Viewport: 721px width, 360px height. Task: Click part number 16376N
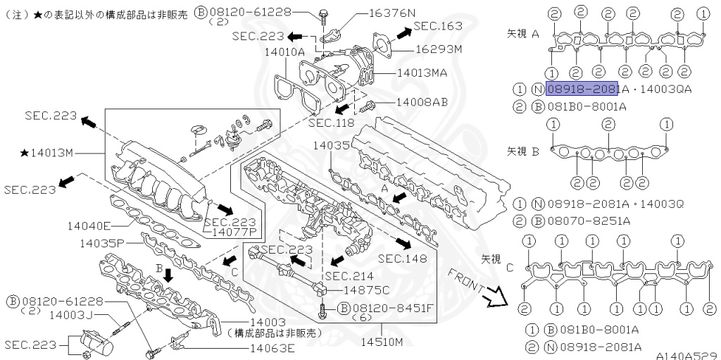(390, 13)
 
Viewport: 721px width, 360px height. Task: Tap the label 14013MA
(422, 72)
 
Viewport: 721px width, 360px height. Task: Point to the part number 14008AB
(422, 102)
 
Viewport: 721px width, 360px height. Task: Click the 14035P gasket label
(101, 243)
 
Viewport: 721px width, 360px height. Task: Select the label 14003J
(73, 315)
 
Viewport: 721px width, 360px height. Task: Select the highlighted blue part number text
(582, 89)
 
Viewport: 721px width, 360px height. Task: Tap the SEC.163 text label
(437, 26)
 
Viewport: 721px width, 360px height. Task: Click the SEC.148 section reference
(402, 259)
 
